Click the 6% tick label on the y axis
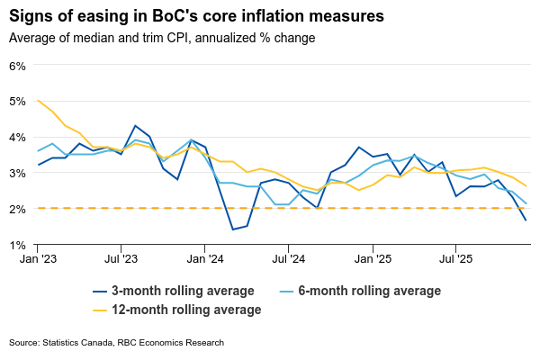pos(18,66)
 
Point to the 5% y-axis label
pos(18,102)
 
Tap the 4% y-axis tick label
pos(18,137)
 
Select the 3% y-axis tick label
pos(18,173)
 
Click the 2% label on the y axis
pos(18,209)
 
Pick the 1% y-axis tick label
pos(18,244)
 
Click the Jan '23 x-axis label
pos(38,258)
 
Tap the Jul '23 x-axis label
pos(121,258)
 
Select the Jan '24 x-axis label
pos(205,258)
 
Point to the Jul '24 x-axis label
pos(288,258)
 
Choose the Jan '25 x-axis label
pos(373,258)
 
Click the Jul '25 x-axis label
pos(455,258)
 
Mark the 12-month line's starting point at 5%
pos(39,101)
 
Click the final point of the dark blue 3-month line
pos(526,220)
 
